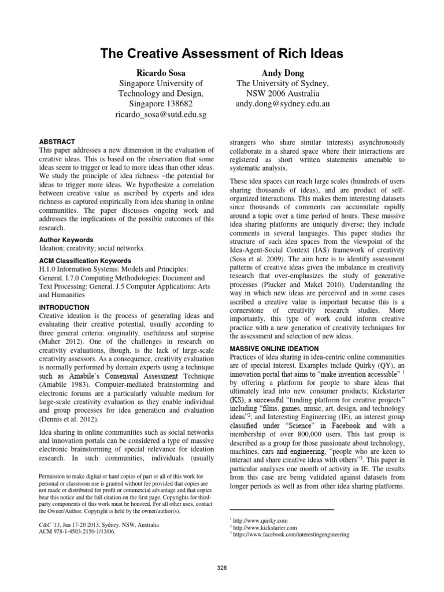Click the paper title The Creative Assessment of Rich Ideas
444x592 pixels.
tap(222, 54)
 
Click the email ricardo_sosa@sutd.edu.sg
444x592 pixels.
tap(161, 114)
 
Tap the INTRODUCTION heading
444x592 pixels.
tap(64, 307)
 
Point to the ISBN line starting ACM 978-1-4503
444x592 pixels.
tap(76, 532)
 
